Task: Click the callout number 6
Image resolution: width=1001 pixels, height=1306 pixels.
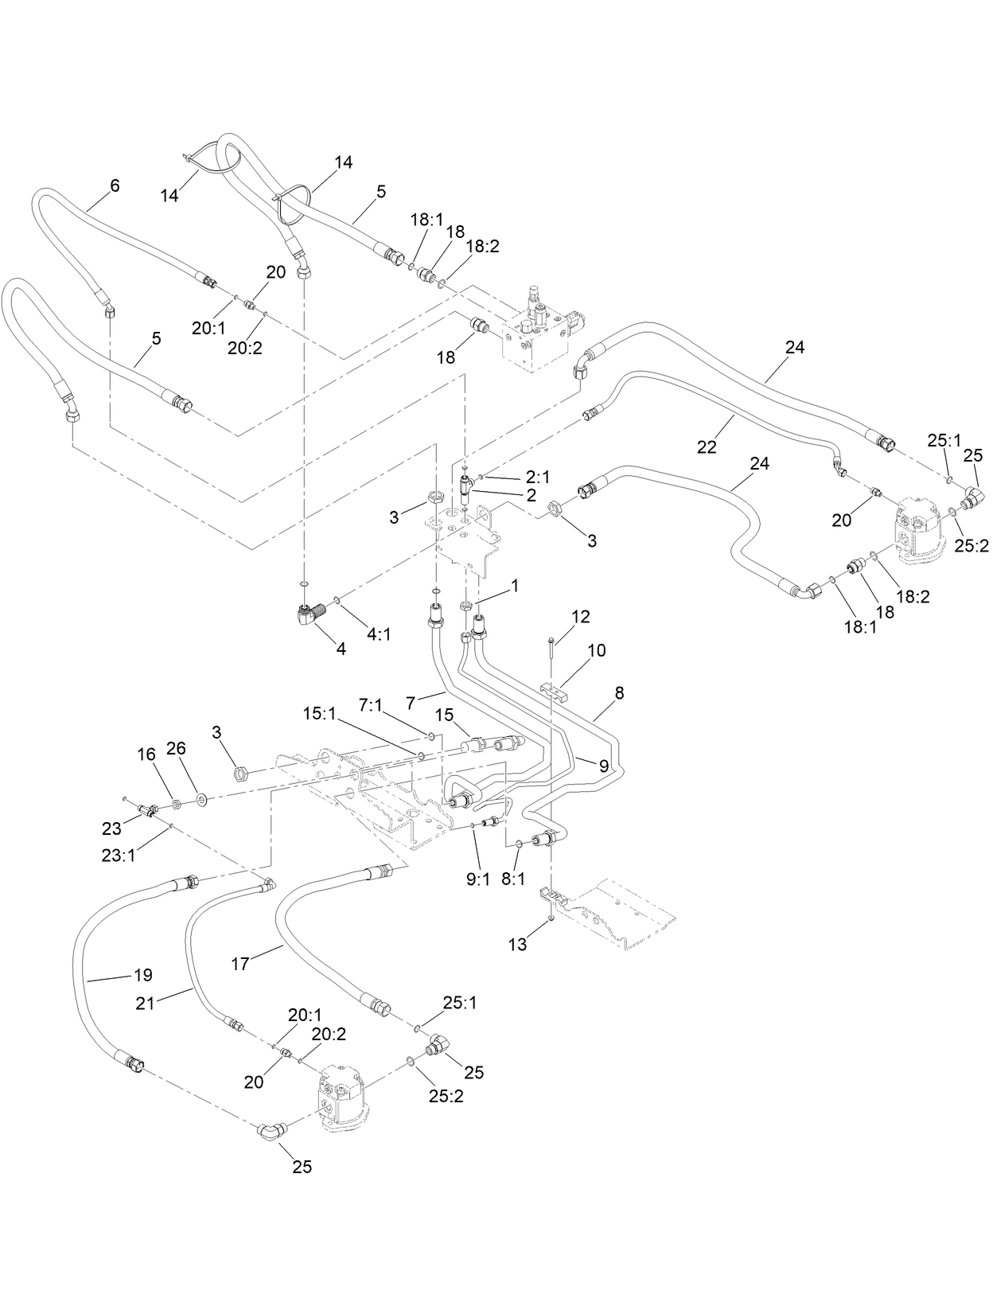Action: (x=115, y=185)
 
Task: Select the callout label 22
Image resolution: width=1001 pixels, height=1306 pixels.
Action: (x=707, y=447)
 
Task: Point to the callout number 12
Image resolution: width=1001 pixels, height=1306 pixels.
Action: (x=581, y=617)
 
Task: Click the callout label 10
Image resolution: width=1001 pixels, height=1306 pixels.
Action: (x=597, y=650)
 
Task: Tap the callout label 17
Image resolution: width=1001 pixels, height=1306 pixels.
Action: (x=240, y=964)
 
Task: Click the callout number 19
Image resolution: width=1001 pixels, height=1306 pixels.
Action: (x=143, y=975)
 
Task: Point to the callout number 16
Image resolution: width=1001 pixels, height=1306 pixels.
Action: (x=146, y=754)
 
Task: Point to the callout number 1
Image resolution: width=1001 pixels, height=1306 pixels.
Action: (x=515, y=585)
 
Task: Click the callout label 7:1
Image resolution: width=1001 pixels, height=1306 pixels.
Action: (x=371, y=705)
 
